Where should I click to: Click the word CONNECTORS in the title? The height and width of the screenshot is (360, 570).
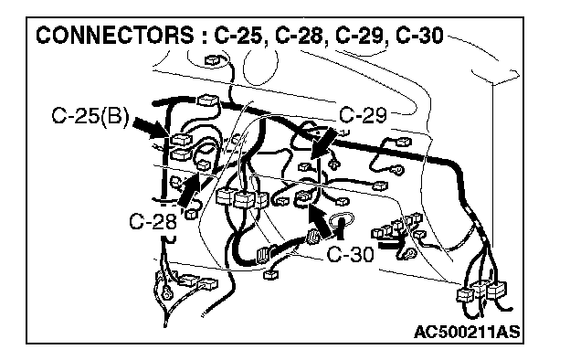coord(114,36)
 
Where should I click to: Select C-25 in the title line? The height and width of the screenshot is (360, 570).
coord(238,36)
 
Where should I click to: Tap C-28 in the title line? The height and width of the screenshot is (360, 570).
coord(299,36)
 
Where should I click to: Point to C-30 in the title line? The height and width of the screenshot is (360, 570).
coord(419,36)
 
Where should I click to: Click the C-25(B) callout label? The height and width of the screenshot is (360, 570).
coord(90,116)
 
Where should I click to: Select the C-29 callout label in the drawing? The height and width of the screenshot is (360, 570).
coord(363,115)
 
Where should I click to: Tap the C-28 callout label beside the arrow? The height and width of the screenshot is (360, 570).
coord(153,221)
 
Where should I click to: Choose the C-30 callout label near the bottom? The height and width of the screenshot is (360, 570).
coord(350,254)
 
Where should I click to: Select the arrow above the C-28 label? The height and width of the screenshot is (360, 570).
coord(191,190)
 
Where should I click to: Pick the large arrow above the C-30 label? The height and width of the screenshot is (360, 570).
coord(320,221)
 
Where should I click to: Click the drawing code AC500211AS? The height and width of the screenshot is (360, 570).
coord(467,332)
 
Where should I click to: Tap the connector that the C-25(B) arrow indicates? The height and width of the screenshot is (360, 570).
coord(180,139)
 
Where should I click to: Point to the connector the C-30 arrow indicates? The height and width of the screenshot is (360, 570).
coord(304,197)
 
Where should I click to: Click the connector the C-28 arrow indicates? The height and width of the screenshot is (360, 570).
coord(203,165)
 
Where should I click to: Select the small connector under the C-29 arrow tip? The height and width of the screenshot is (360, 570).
coord(304,166)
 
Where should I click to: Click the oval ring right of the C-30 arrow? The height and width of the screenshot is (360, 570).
coord(342,220)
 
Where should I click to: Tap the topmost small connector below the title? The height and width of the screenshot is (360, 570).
coord(212,60)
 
